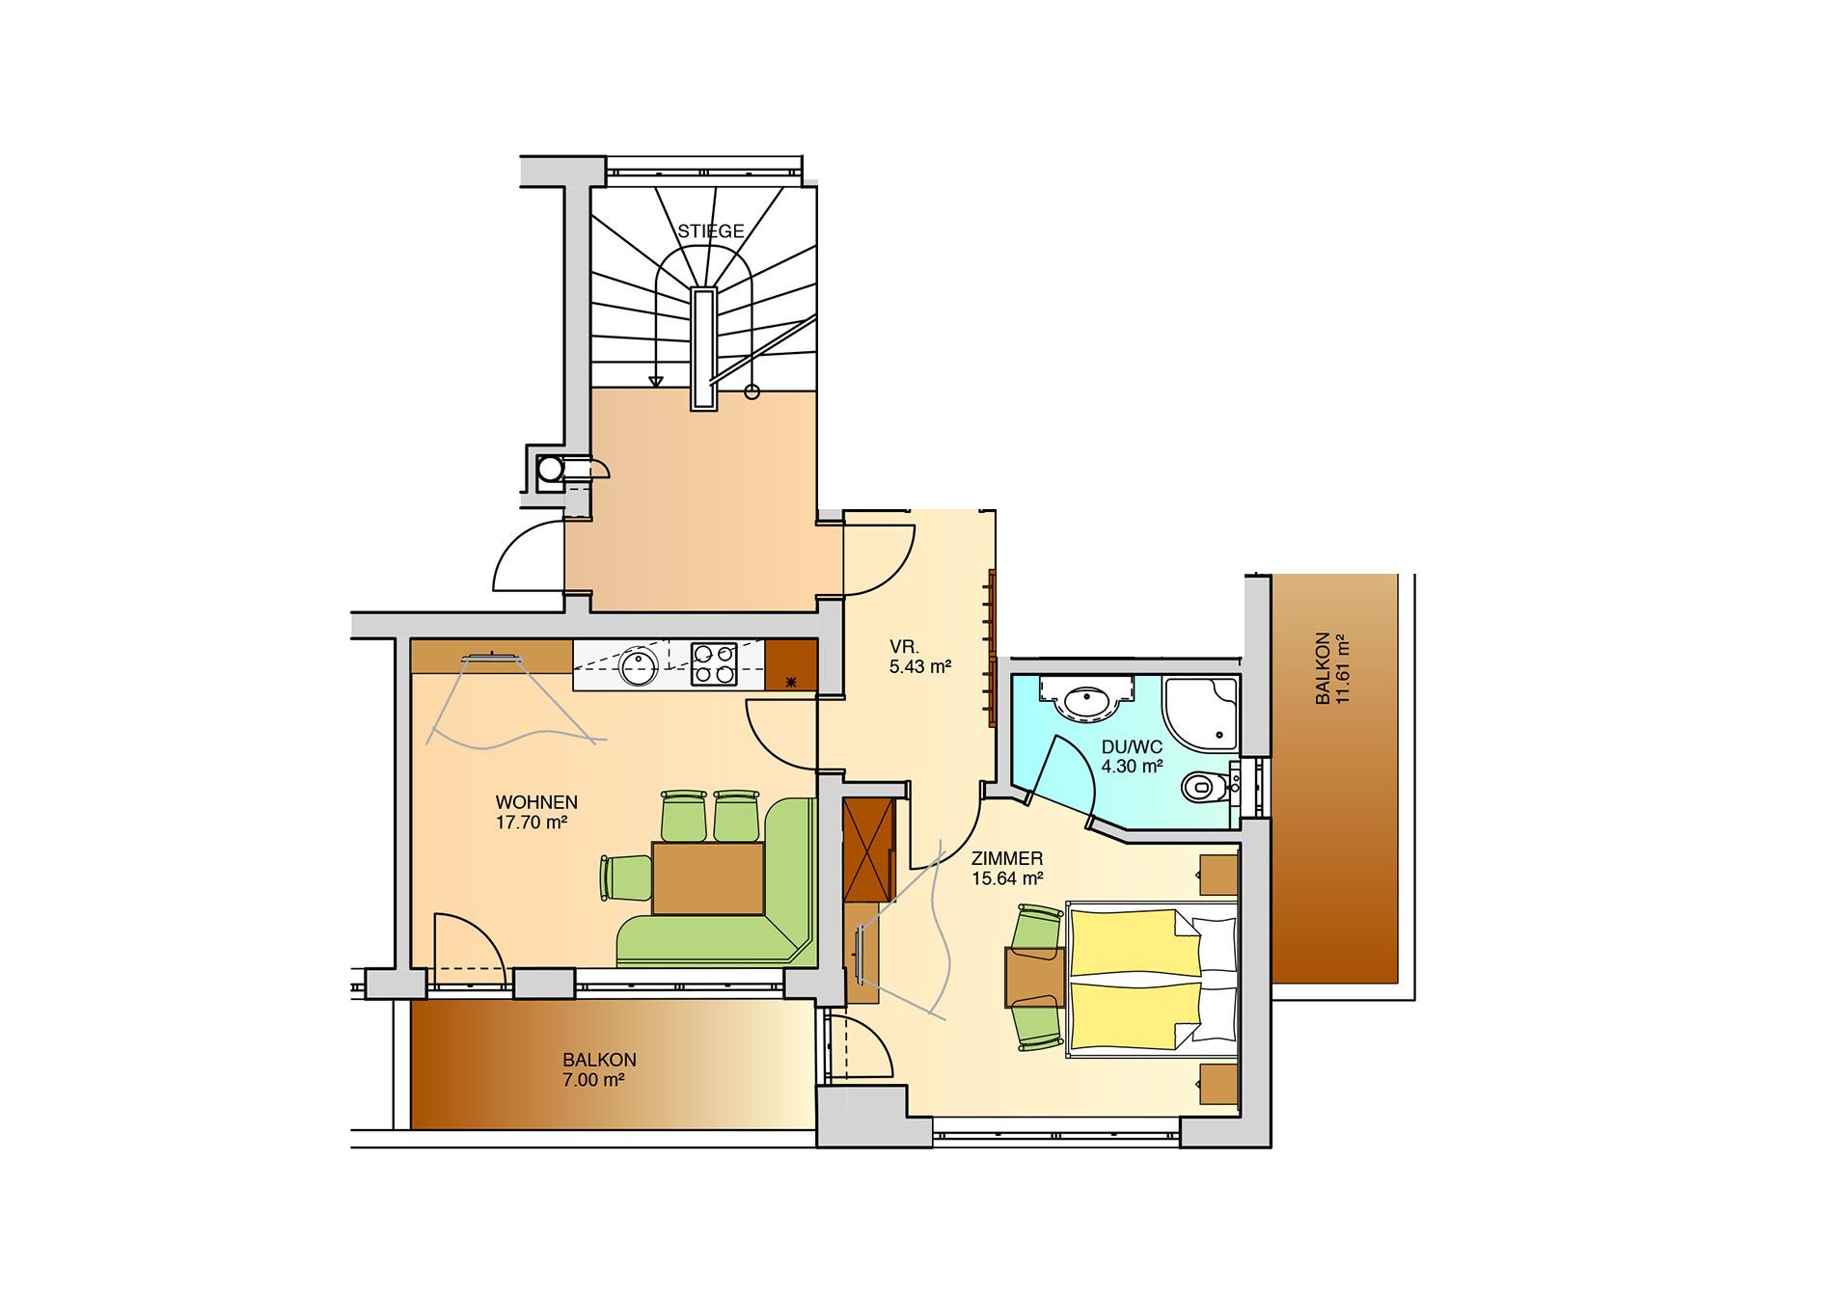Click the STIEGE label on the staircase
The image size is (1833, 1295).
tap(710, 231)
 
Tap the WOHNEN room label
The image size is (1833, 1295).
tap(536, 802)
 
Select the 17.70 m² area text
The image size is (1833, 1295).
tap(530, 823)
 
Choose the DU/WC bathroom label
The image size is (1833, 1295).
tap(1132, 746)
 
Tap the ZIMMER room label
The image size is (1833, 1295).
tap(1008, 858)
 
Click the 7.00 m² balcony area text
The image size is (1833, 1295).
tap(593, 1079)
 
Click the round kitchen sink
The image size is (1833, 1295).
tap(638, 665)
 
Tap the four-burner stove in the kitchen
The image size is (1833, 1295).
tap(713, 664)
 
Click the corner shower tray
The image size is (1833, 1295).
tap(1200, 712)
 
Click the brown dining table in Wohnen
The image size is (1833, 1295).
tap(708, 877)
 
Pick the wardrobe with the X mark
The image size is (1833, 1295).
tap(869, 850)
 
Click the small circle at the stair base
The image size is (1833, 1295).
tap(752, 391)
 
